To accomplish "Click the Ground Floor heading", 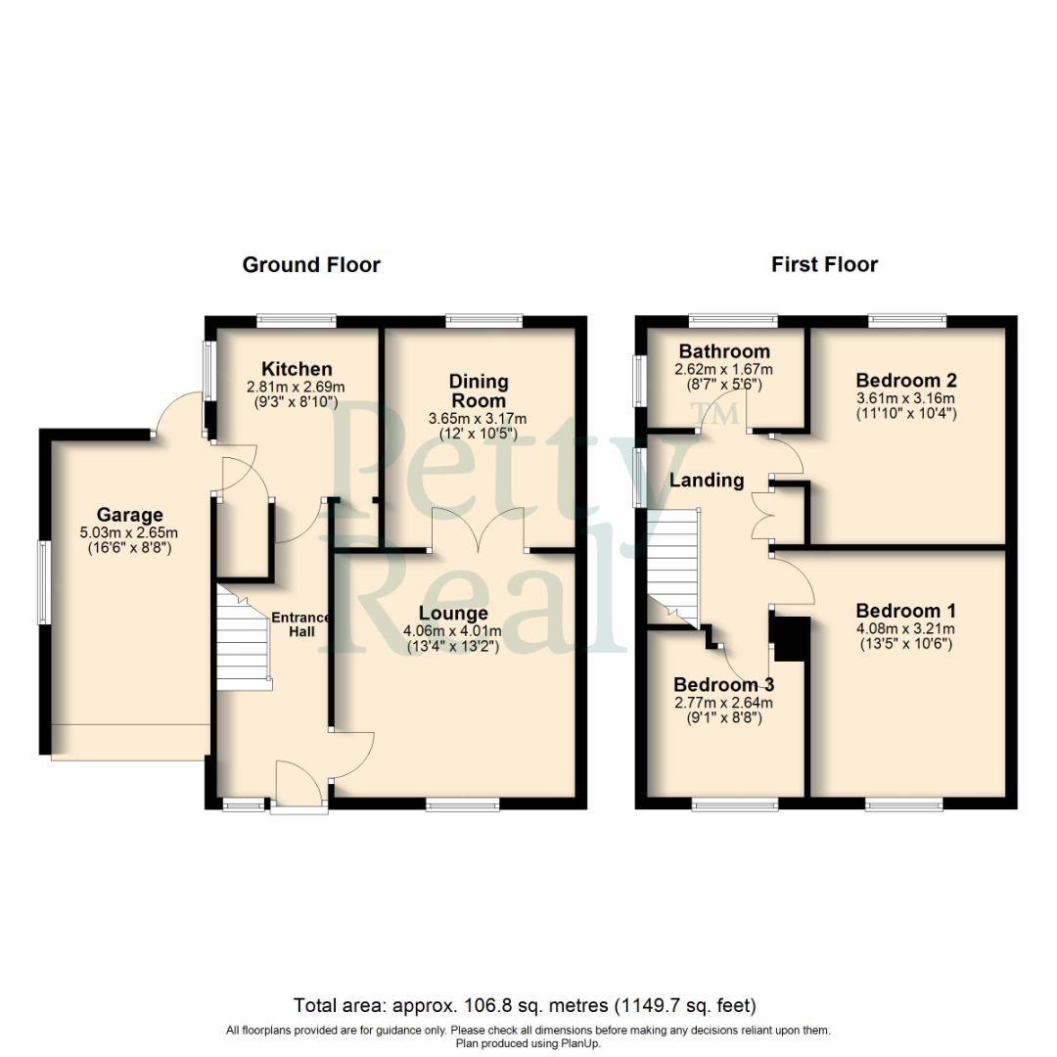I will click(311, 264).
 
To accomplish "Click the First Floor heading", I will click(824, 264).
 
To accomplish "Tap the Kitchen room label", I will click(297, 369).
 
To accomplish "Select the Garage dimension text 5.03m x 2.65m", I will click(129, 532).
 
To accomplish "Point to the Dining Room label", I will click(478, 391).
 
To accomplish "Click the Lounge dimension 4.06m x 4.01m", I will click(452, 631).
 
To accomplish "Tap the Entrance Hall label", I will click(299, 624).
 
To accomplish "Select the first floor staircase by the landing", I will click(673, 568).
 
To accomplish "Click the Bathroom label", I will click(724, 351).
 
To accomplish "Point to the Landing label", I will click(707, 481).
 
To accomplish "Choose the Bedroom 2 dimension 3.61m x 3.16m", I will click(905, 397).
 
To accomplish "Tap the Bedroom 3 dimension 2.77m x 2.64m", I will click(723, 702).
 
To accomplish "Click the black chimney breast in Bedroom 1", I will click(791, 639).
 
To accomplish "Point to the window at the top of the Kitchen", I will click(297, 320).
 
